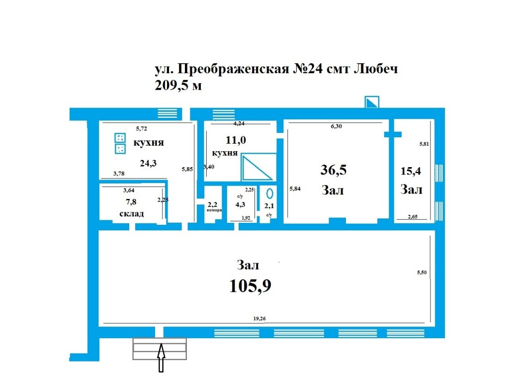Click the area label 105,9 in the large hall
tap(250, 286)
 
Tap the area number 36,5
tap(334, 170)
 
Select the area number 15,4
tap(411, 171)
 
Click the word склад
tap(131, 214)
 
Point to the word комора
tap(214, 210)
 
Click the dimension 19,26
tap(259, 319)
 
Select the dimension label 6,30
tap(337, 126)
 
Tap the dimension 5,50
tap(422, 273)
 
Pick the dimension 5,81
tap(424, 144)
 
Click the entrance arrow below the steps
tap(161, 358)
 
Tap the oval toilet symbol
tap(269, 193)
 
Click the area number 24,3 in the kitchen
tap(148, 163)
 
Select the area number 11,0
tap(236, 140)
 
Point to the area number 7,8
tap(131, 202)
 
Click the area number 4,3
tap(240, 204)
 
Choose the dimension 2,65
tap(413, 217)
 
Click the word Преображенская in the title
tap(233, 69)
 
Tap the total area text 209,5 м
tap(178, 86)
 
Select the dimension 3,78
tap(119, 174)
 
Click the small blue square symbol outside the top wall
tap(372, 102)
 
